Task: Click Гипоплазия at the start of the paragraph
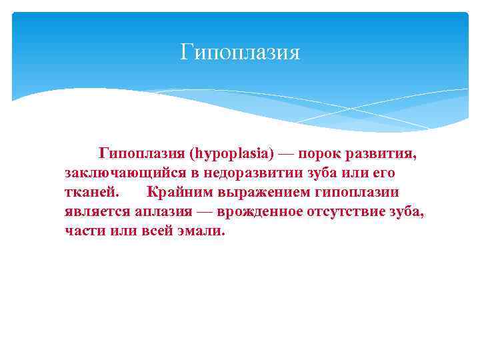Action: coord(141,155)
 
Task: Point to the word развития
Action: coord(382,155)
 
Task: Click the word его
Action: coord(383,174)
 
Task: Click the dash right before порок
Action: coord(285,155)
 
